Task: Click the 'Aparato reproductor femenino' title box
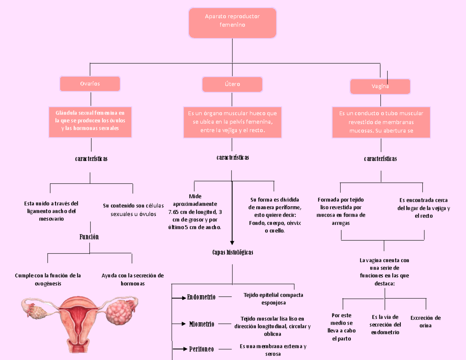coord(232,23)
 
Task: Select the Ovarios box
coord(90,84)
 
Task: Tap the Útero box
coord(232,84)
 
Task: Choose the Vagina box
coord(380,87)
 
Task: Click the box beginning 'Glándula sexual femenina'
coord(90,122)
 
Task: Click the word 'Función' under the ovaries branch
coord(89,237)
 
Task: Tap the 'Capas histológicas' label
coord(232,252)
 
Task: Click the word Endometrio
coord(201,297)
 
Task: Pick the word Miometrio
coord(202,324)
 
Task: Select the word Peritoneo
coord(201,349)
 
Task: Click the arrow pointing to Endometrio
coord(179,298)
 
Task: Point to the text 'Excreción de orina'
coord(425,322)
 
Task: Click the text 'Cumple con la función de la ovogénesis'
coord(48,279)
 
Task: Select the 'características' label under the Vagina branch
coord(380,159)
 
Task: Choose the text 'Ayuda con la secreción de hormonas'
coord(132,279)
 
